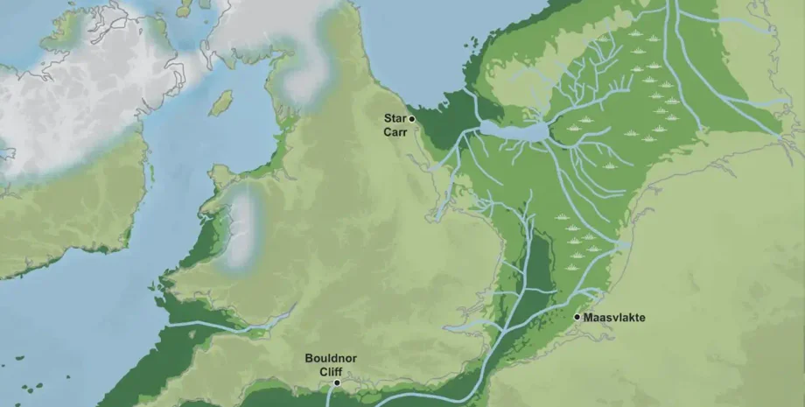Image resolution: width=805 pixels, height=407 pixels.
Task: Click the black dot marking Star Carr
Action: pyautogui.click(x=412, y=118)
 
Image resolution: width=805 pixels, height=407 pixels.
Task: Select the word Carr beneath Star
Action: pyautogui.click(x=394, y=132)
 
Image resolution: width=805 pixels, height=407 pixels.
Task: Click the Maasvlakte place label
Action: pyautogui.click(x=616, y=318)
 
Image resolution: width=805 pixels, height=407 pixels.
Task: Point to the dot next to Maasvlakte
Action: pyautogui.click(x=577, y=317)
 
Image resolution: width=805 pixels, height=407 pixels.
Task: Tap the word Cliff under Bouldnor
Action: pyautogui.click(x=329, y=371)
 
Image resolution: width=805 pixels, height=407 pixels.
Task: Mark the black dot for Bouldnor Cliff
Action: pyautogui.click(x=338, y=383)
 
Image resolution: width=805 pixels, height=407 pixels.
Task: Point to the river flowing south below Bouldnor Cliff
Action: pyautogui.click(x=331, y=397)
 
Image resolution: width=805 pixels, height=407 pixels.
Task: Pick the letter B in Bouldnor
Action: pyautogui.click(x=309, y=358)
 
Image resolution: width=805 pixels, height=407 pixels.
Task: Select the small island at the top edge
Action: pyautogui.click(x=184, y=8)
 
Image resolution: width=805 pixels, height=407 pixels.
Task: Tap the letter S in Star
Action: pyautogui.click(x=385, y=118)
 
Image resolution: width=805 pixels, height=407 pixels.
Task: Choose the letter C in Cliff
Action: pyautogui.click(x=319, y=371)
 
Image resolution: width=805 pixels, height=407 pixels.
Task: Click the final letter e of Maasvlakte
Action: pyautogui.click(x=642, y=318)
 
